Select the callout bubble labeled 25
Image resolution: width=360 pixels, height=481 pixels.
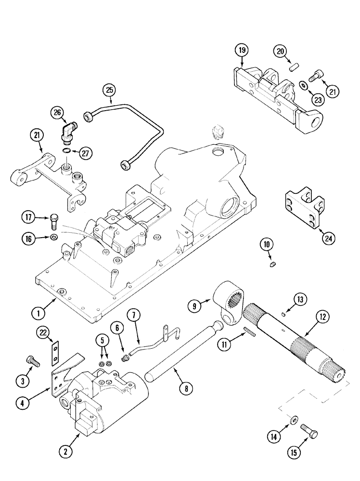(x=109, y=90)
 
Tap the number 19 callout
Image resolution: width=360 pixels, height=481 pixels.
(x=242, y=50)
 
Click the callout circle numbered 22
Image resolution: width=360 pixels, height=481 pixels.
(x=44, y=333)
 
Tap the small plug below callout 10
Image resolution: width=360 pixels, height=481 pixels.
(x=272, y=263)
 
